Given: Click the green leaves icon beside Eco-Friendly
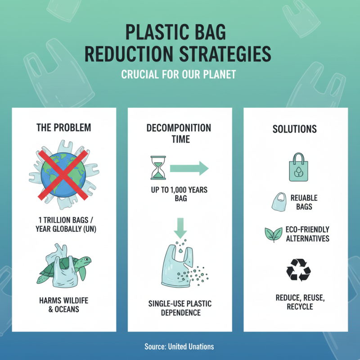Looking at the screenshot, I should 273,234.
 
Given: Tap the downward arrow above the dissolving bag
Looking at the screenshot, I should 180,228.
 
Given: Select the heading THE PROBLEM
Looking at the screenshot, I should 63,127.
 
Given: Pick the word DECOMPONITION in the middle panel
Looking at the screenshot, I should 179,127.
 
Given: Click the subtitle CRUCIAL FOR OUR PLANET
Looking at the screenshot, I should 179,74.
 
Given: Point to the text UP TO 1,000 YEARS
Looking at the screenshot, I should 179,190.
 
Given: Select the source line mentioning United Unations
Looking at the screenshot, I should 179,346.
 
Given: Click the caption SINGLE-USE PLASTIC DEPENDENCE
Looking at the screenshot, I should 179,307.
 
